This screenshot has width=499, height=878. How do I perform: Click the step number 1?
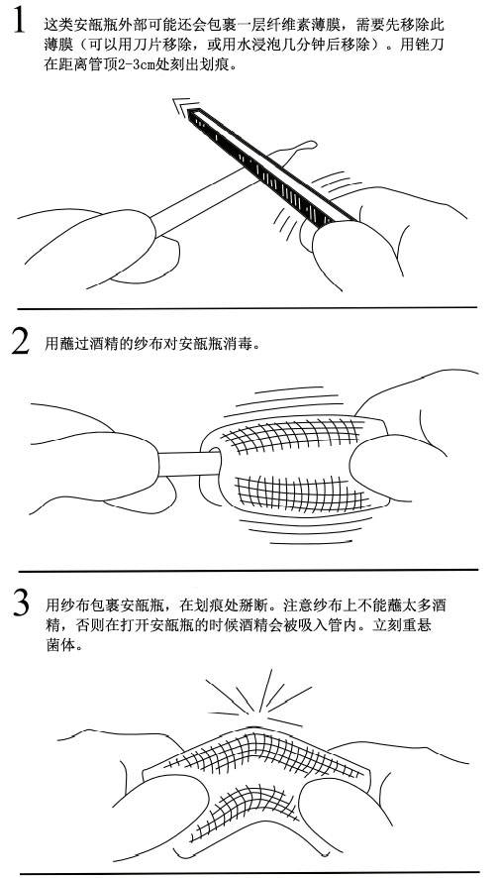click(x=18, y=22)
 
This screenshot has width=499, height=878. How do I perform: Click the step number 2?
click(x=21, y=344)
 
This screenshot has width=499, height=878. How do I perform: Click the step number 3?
click(x=21, y=605)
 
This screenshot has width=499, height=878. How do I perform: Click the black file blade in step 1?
click(x=272, y=167)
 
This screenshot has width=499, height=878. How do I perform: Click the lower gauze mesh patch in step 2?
click(x=299, y=494)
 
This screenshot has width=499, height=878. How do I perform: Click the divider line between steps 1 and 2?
click(x=248, y=307)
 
